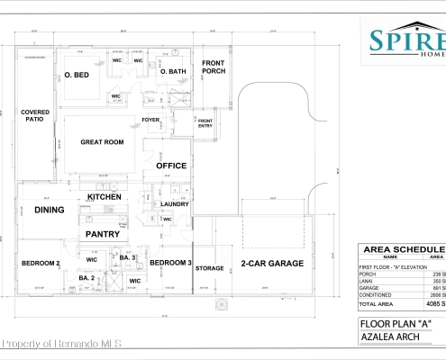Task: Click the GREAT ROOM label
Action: pyautogui.click(x=101, y=141)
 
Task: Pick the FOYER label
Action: pyautogui.click(x=150, y=120)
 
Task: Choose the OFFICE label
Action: pyautogui.click(x=171, y=166)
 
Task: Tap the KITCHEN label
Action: pyautogui.click(x=105, y=196)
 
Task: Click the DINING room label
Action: pyautogui.click(x=49, y=210)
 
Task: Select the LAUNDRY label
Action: pyautogui.click(x=174, y=204)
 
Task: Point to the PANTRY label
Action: pyautogui.click(x=103, y=233)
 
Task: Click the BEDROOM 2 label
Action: pyautogui.click(x=41, y=263)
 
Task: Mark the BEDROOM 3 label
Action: pyautogui.click(x=169, y=262)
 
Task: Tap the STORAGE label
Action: pyautogui.click(x=209, y=268)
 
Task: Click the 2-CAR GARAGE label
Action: pyautogui.click(x=271, y=264)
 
